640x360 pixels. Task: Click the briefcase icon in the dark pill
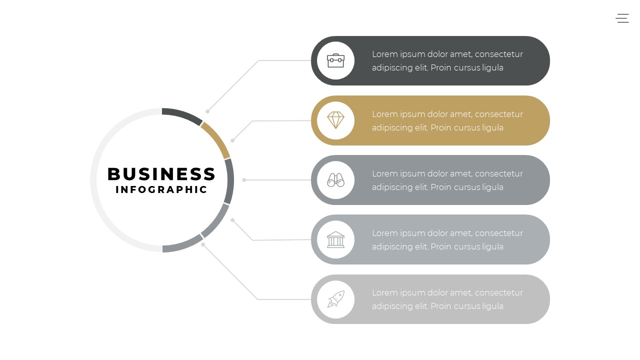click(x=335, y=60)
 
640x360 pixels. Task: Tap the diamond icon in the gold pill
click(x=335, y=120)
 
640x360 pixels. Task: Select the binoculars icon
click(x=335, y=180)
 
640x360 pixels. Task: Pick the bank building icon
click(x=335, y=239)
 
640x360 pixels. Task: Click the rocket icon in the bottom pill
click(x=335, y=299)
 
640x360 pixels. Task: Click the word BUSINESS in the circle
click(x=161, y=174)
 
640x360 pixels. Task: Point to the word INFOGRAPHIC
click(x=161, y=189)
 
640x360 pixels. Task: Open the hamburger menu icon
click(x=622, y=18)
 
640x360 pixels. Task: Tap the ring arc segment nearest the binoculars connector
click(x=229, y=181)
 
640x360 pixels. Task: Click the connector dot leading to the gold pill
click(x=232, y=140)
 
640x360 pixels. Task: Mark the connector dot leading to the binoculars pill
click(x=244, y=180)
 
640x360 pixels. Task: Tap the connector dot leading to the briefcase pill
click(x=207, y=111)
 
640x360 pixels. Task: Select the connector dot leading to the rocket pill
click(x=203, y=244)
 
